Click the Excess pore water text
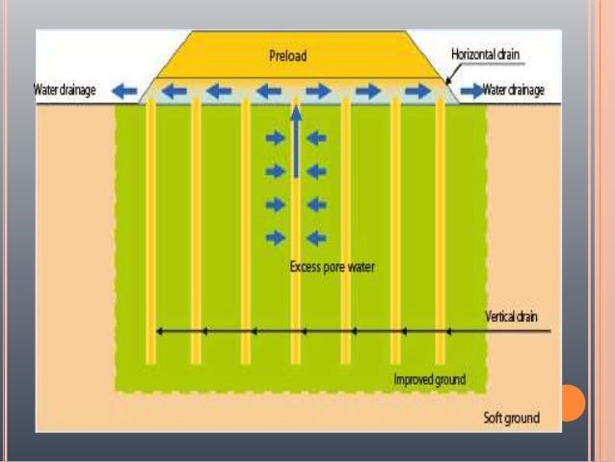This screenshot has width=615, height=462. [332, 266]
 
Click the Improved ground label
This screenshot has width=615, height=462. [429, 379]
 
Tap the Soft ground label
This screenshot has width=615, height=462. [511, 418]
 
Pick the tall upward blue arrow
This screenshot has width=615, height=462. [296, 145]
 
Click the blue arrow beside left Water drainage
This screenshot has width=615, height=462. [123, 91]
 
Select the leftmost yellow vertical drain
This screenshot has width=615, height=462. [150, 231]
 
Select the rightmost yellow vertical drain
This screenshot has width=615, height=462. [441, 231]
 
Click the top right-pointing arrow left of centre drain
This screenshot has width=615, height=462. [276, 139]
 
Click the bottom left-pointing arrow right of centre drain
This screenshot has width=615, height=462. [316, 237]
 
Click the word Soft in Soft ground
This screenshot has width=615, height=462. [495, 418]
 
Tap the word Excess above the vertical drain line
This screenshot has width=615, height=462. [306, 266]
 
